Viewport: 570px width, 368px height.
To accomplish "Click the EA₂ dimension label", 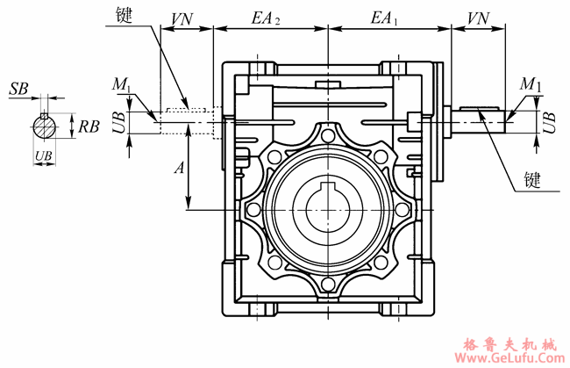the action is click(266, 18).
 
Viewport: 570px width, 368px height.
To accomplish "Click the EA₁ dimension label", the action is click(384, 18).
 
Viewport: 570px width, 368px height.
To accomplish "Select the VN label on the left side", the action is click(182, 19).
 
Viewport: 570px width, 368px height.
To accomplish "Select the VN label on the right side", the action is click(478, 18).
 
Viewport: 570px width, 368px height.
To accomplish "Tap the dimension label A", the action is click(180, 168).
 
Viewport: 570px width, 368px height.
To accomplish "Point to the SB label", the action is click(19, 89).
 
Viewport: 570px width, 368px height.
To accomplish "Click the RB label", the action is click(89, 126).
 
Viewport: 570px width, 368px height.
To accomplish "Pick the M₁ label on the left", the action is click(121, 84).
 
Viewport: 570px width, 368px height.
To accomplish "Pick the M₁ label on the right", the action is click(531, 84).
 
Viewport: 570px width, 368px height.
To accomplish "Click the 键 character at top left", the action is click(125, 15).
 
